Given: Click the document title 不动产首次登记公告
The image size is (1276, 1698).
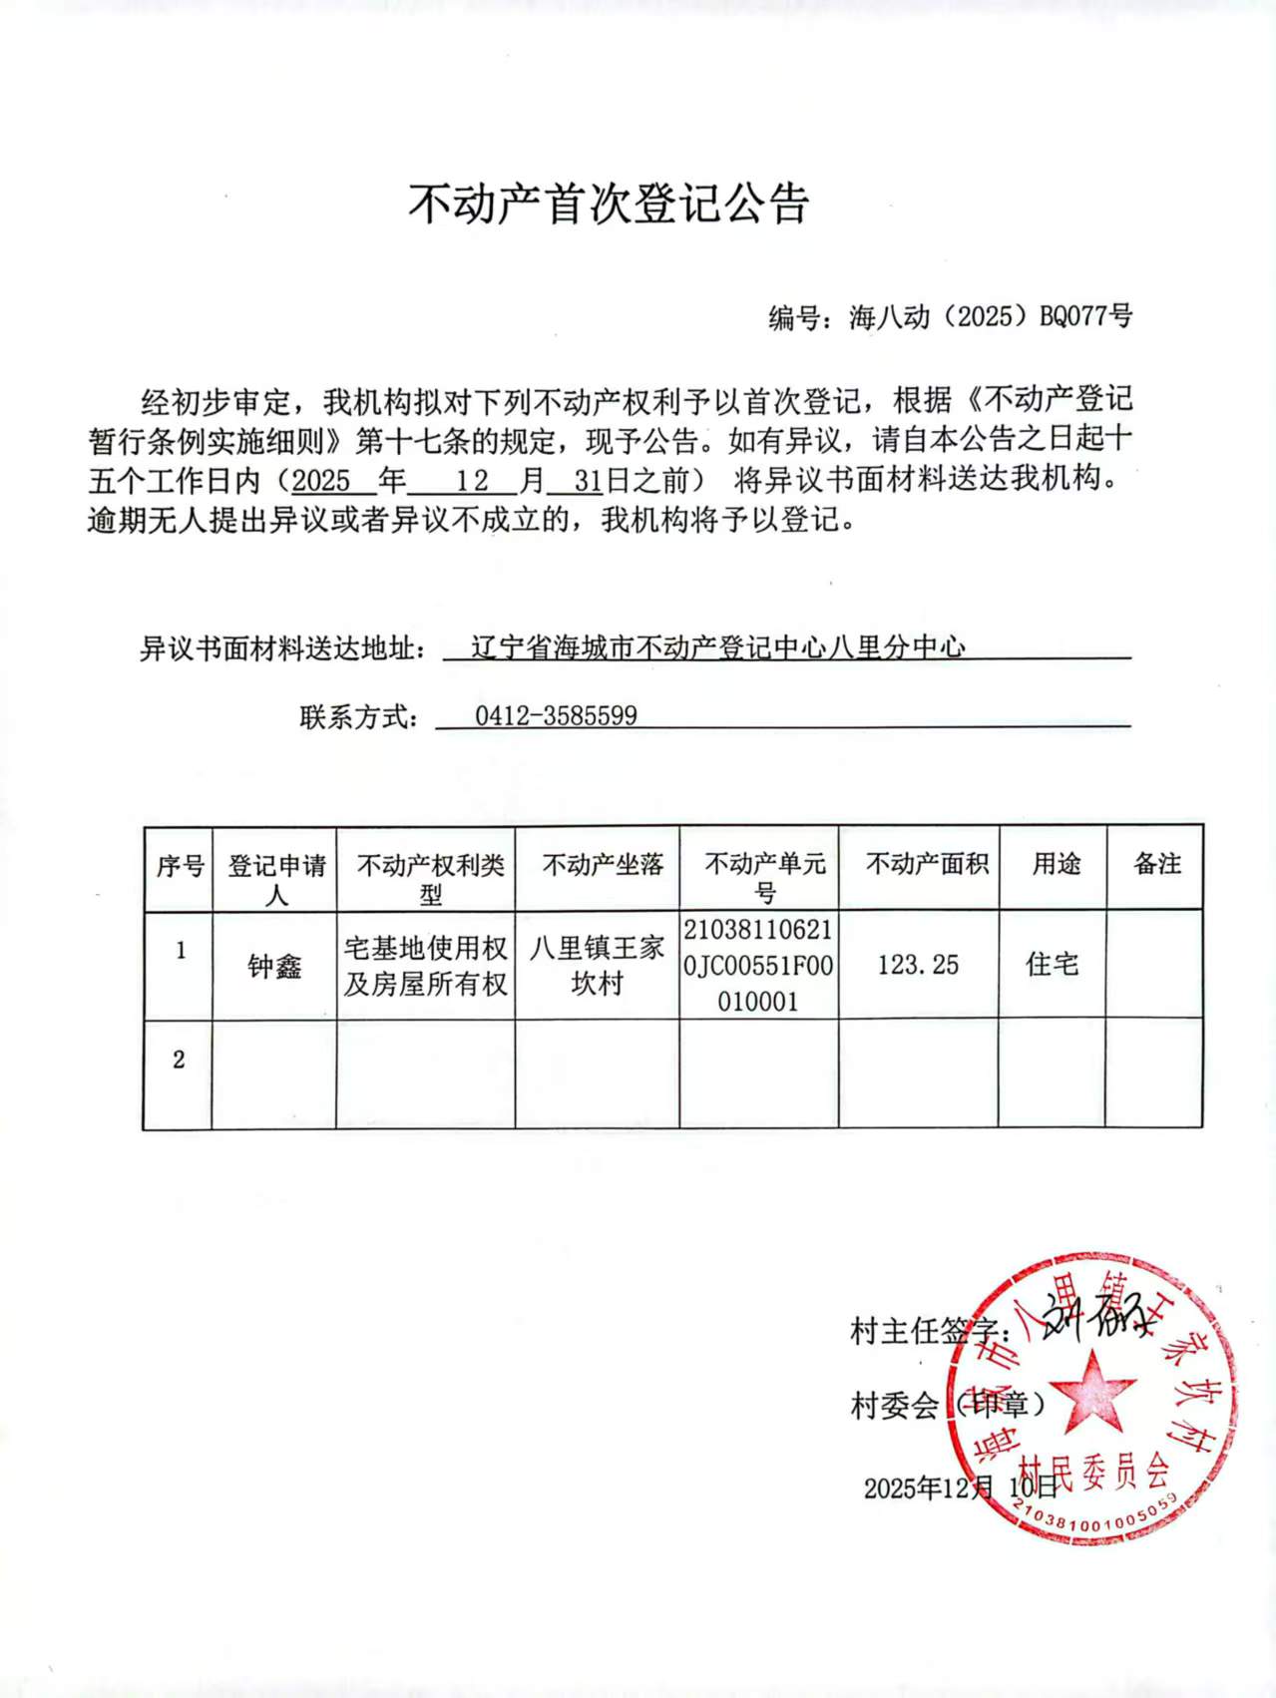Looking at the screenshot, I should pyautogui.click(x=608, y=204).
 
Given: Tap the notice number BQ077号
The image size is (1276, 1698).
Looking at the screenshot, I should pyautogui.click(x=1085, y=316).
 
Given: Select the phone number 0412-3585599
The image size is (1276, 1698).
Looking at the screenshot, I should pyautogui.click(x=556, y=715).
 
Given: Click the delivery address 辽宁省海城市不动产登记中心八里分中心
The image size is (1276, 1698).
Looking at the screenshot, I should pyautogui.click(x=717, y=648).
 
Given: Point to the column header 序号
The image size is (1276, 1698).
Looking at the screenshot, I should pyautogui.click(x=180, y=865).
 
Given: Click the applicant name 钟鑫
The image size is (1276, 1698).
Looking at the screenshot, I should pyautogui.click(x=274, y=966).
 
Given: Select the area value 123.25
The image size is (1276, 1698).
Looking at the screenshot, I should pyautogui.click(x=918, y=965).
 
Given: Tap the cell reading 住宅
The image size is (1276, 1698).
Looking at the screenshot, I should pyautogui.click(x=1053, y=965).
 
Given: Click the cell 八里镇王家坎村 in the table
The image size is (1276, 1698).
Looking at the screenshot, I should pyautogui.click(x=597, y=965).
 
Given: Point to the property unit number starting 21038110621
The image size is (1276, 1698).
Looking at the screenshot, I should pyautogui.click(x=758, y=965).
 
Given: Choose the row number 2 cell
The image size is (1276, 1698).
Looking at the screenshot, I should pyautogui.click(x=179, y=1060).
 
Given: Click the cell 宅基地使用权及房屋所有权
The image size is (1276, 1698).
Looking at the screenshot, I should pyautogui.click(x=426, y=965).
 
